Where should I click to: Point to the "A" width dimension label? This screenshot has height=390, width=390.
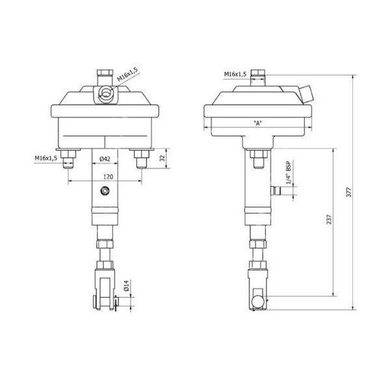259,123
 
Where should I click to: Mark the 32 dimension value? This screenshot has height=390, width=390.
162,157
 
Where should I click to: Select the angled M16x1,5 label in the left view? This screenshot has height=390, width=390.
127,81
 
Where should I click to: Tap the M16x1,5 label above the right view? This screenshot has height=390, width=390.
235,75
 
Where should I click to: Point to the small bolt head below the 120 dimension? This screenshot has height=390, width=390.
104,191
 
